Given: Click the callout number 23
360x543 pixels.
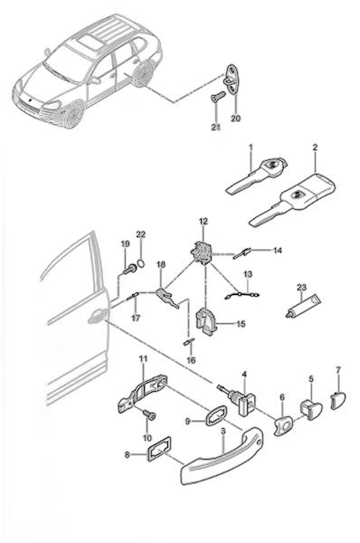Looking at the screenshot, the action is [x=301, y=288].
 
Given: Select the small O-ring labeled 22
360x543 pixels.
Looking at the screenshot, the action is [x=141, y=263].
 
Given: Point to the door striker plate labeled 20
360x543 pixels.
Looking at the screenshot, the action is [x=231, y=80].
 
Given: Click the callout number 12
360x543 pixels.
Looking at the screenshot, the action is [x=204, y=221].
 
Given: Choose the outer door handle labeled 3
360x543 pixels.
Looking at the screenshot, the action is [x=222, y=455].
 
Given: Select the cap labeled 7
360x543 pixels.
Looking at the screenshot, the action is [x=338, y=400].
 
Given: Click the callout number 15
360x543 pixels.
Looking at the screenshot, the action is [x=241, y=324].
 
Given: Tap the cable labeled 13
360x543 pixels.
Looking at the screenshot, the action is [x=242, y=295].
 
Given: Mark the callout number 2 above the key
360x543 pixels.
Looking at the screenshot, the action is [x=315, y=148].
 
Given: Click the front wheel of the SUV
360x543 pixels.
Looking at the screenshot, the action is [x=73, y=115].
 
